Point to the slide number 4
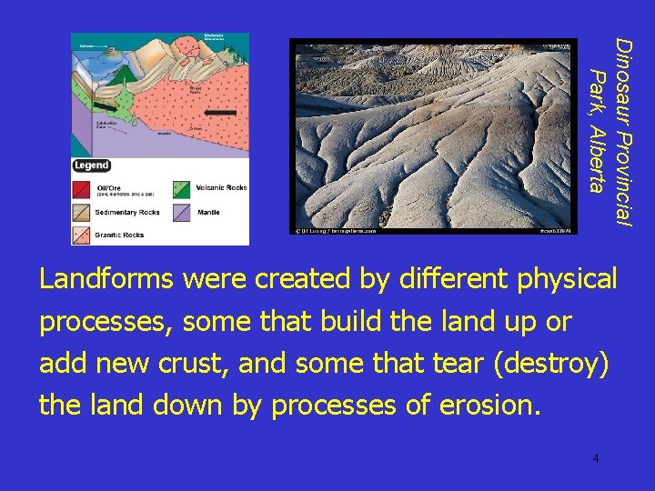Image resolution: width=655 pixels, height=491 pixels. tap(595, 458)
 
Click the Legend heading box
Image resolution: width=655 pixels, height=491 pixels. tap(92, 165)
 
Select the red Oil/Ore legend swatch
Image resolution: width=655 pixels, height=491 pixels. tap(83, 190)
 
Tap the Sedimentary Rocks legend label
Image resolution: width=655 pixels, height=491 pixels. tap(129, 213)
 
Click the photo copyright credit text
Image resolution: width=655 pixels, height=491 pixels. tap(335, 231)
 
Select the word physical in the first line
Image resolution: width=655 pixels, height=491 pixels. tap(567, 279)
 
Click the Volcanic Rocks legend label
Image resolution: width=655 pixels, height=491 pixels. tap(222, 188)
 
